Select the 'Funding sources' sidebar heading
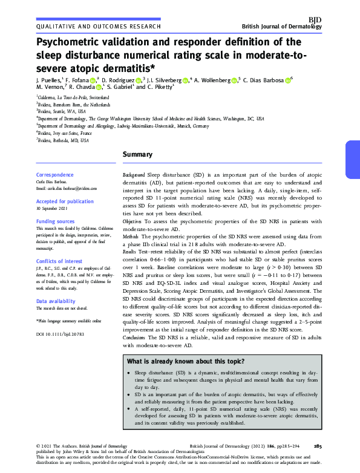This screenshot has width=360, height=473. point(56,222)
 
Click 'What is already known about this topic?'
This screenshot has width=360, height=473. point(186,362)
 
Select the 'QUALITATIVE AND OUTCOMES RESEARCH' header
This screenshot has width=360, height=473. point(99,27)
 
